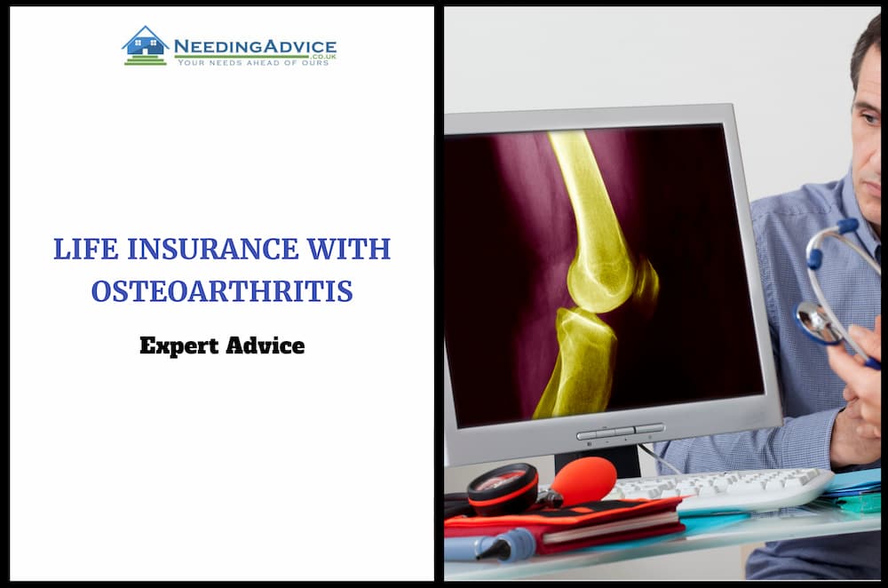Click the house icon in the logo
coord(146,45)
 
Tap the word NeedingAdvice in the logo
coord(255,46)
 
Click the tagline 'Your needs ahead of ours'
coord(253,63)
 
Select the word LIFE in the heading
coord(86,250)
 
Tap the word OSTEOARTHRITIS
coord(222,291)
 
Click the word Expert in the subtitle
coord(179,346)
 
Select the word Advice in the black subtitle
coord(265,345)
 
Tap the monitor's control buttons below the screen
coord(620,433)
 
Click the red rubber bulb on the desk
coord(583,481)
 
